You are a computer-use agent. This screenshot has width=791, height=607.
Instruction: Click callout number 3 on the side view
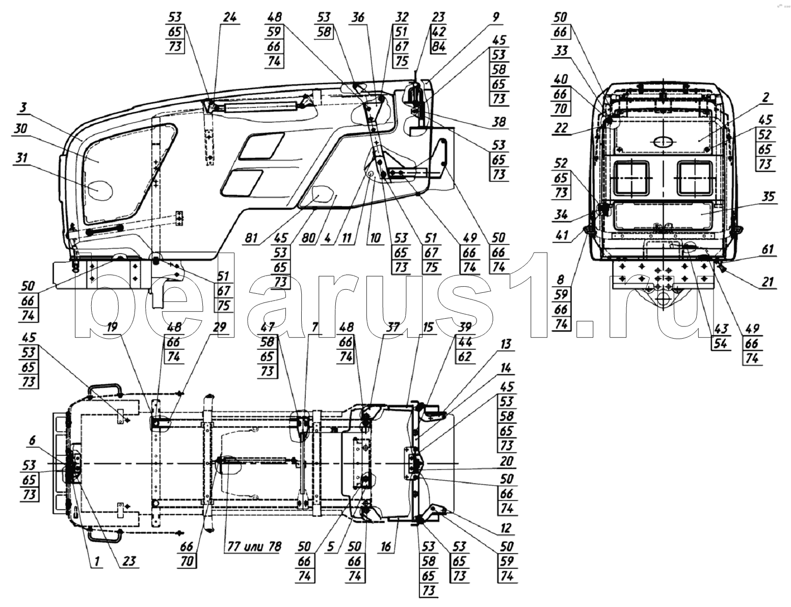click(23, 108)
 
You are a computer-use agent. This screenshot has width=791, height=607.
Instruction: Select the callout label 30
click(21, 129)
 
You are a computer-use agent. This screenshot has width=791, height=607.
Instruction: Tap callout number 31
click(21, 158)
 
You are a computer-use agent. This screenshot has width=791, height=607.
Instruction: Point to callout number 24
click(230, 17)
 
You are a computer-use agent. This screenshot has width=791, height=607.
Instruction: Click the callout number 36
click(359, 17)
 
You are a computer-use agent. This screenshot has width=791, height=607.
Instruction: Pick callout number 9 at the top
click(496, 17)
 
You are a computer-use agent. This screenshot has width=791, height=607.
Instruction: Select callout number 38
click(498, 122)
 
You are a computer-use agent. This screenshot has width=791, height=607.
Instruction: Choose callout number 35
click(768, 197)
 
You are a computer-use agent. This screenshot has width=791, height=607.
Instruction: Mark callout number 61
click(768, 249)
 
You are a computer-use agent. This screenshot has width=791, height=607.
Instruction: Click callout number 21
click(768, 282)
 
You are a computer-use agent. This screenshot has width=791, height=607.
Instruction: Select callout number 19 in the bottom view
click(112, 327)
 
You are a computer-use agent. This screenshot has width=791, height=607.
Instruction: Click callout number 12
click(506, 528)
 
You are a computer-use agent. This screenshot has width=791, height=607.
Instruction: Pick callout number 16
click(385, 546)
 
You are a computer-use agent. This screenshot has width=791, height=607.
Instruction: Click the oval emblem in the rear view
click(664, 142)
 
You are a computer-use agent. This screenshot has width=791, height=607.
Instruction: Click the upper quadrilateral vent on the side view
click(261, 146)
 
